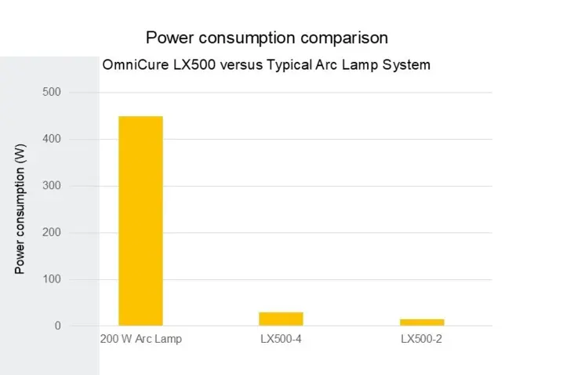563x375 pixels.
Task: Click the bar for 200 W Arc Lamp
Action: tap(140, 220)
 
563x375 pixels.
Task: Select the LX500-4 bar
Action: tap(281, 319)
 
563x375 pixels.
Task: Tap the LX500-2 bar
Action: tap(422, 322)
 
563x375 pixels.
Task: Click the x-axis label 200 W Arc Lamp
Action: tap(140, 340)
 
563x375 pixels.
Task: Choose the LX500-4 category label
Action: tap(281, 340)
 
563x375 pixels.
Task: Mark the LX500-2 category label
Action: tap(422, 340)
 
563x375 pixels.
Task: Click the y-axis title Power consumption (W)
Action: tap(20, 209)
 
